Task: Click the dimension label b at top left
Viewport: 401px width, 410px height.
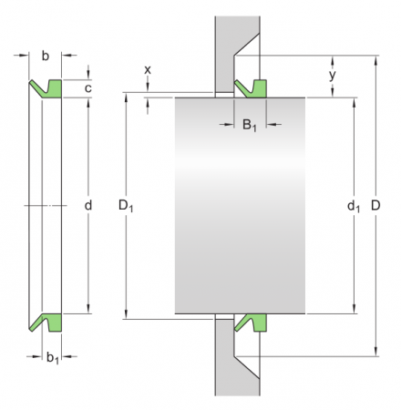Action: point(46,56)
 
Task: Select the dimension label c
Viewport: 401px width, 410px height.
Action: point(88,88)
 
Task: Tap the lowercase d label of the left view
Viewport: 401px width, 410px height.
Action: point(88,206)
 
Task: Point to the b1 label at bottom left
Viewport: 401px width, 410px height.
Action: point(54,358)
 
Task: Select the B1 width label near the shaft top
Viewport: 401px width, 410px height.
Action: point(249,125)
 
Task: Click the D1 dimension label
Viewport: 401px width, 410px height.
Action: point(126,208)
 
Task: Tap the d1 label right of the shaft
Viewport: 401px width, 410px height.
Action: point(352,208)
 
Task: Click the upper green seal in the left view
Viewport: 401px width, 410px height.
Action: point(51,88)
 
